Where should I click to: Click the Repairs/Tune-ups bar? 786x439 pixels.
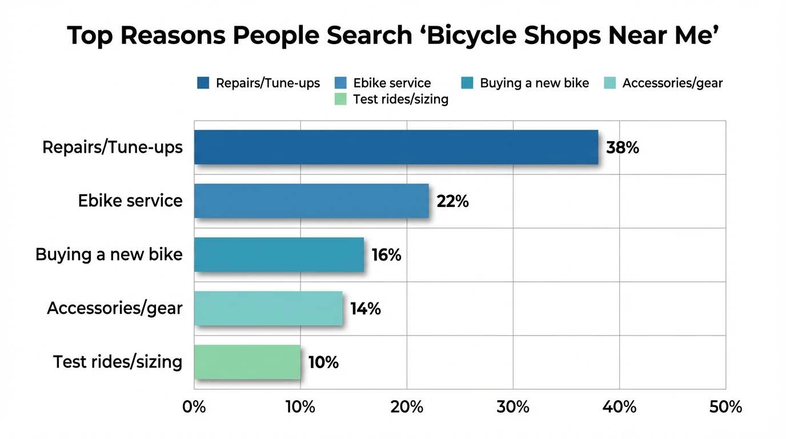pos(396,147)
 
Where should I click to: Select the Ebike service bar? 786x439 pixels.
pos(311,201)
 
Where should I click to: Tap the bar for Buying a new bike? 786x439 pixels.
pos(279,255)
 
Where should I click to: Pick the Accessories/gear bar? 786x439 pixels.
pos(268,309)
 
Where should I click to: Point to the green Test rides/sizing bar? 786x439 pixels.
pos(247,362)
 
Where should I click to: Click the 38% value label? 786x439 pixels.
pos(622,148)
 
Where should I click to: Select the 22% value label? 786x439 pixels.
pos(452,202)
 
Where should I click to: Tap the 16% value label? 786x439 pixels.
pos(386,256)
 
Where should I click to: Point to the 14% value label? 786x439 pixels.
pos(365,309)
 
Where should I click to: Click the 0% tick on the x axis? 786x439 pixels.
pos(194,407)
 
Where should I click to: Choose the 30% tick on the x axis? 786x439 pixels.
pos(513,407)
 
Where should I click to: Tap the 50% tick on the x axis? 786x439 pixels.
pos(725,407)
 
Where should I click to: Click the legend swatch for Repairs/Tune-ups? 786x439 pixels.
pos(203,83)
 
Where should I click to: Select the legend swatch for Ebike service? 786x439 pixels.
pos(341,83)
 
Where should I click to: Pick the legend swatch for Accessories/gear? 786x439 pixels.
pos(610,83)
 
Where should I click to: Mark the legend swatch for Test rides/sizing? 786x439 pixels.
pos(341,99)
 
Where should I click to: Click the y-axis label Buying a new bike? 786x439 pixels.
pos(109,254)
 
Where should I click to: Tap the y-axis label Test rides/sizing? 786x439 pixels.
pos(118,362)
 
